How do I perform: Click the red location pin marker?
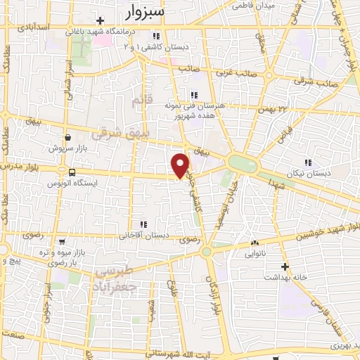(181, 166)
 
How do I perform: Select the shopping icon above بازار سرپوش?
(67, 138)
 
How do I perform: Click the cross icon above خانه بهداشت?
(284, 266)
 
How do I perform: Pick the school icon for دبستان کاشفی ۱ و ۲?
(156, 35)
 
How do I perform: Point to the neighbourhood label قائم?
(142, 102)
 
